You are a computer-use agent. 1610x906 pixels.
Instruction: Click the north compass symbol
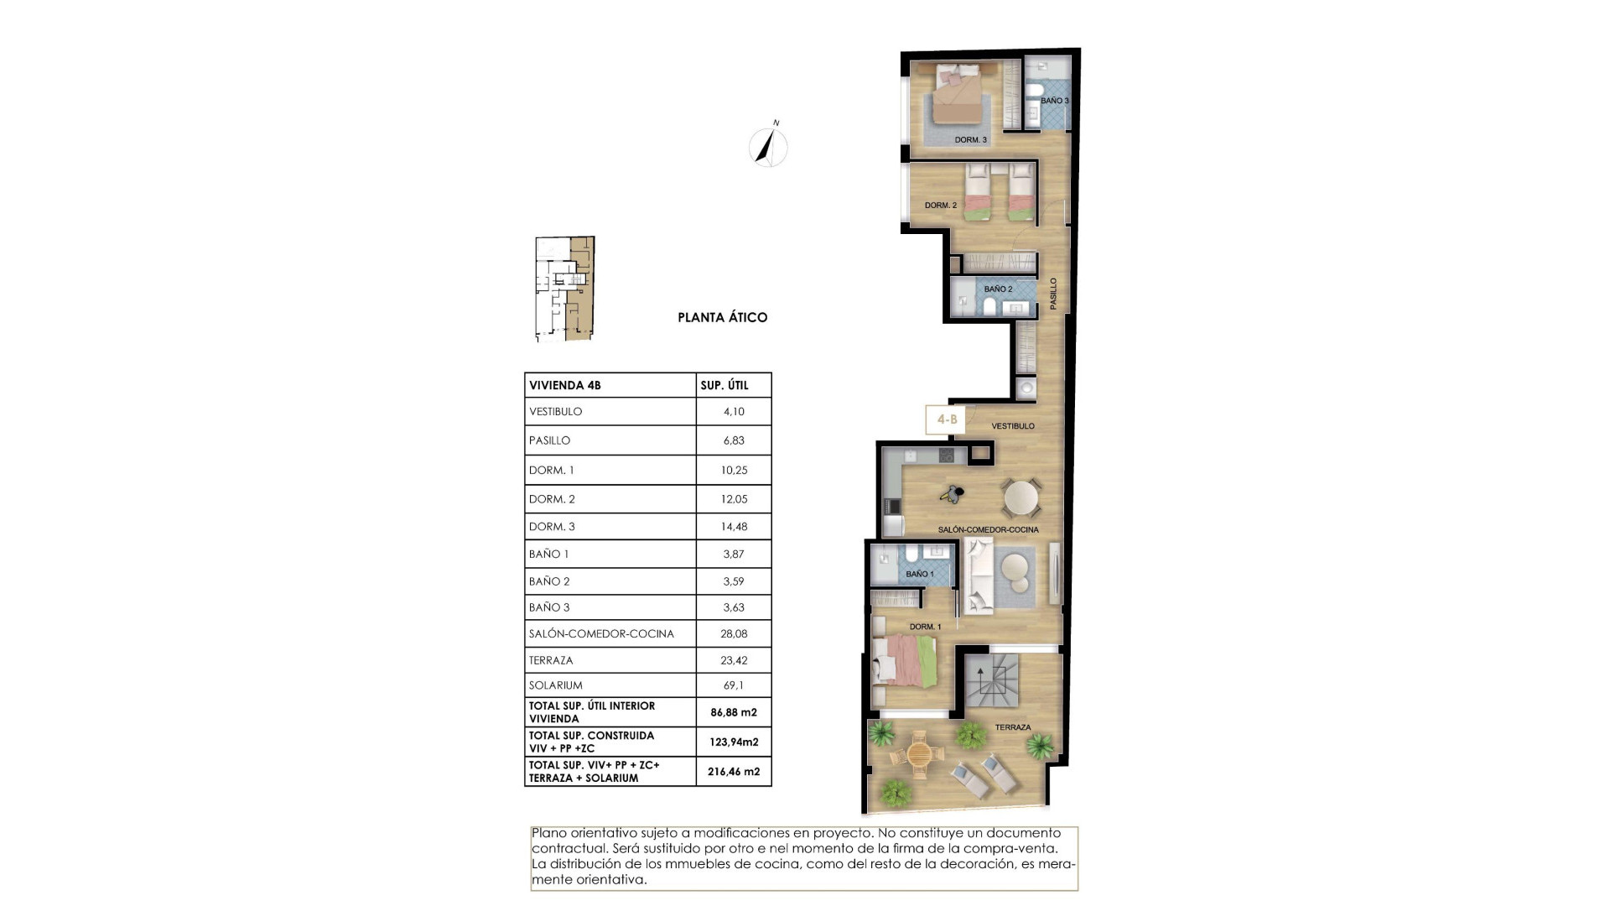(x=768, y=148)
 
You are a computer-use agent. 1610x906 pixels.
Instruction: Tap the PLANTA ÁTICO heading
(x=722, y=318)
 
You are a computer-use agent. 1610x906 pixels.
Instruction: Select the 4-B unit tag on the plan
(x=947, y=419)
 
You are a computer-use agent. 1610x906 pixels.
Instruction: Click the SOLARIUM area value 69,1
(x=733, y=685)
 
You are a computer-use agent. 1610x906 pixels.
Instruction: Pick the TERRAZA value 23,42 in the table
(x=734, y=660)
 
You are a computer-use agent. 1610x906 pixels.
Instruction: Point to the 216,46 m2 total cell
(x=734, y=771)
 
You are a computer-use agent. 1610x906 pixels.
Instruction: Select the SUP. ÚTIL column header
(x=724, y=386)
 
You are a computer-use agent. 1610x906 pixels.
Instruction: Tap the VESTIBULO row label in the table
(x=555, y=412)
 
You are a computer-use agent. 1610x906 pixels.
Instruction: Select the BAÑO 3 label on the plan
(x=1054, y=101)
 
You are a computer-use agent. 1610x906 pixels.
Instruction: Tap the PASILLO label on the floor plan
(x=1054, y=294)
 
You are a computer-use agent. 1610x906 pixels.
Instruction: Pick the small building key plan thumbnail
(x=564, y=289)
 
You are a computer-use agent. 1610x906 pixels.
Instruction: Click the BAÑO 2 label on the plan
(x=998, y=289)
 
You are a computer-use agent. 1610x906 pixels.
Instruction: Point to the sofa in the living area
(x=978, y=575)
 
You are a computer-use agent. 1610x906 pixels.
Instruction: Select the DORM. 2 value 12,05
(x=734, y=499)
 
